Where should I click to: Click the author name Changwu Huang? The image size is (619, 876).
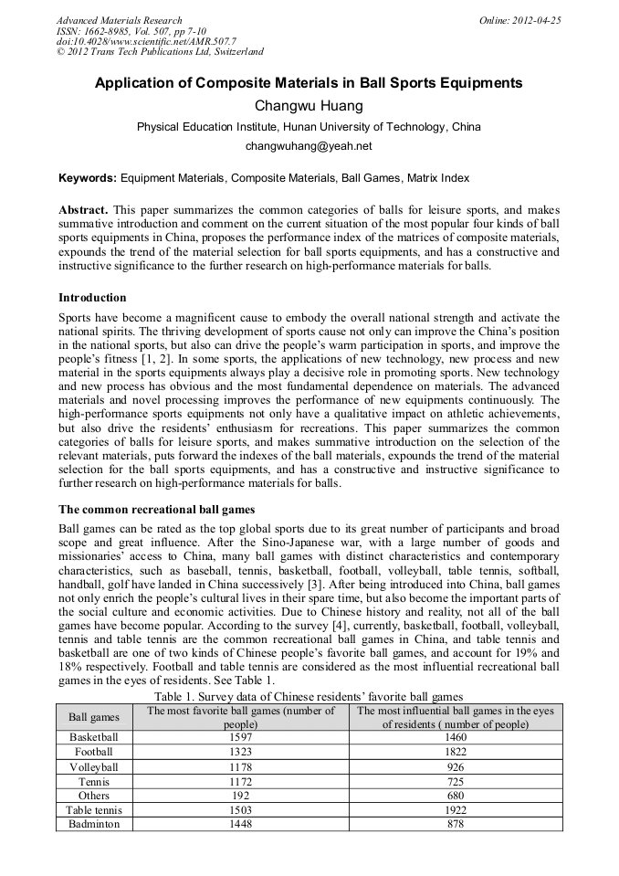point(309,106)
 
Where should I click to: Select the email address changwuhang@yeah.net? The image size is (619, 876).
point(309,146)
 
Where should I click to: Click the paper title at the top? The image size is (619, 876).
point(309,83)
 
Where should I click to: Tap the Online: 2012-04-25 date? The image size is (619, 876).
point(519,20)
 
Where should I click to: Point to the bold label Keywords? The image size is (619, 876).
point(88,178)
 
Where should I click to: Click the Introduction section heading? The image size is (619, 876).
point(92,298)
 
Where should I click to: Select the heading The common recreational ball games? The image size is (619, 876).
point(151,509)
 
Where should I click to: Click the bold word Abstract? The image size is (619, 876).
point(83,210)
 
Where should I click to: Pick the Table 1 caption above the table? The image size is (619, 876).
point(309,697)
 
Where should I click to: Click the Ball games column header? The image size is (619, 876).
point(94,717)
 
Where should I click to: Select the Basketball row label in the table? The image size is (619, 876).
point(94,736)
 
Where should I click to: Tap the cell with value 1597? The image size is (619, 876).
point(242,736)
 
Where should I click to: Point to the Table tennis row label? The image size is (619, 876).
point(94,810)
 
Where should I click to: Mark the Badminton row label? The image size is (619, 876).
point(94,824)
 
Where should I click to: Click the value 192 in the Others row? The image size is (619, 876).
point(242,796)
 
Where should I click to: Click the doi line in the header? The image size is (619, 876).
point(146,42)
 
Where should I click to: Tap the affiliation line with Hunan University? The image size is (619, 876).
point(309,127)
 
